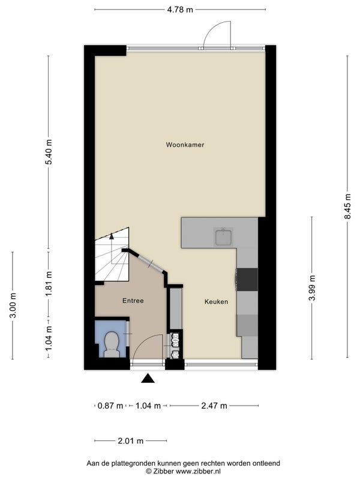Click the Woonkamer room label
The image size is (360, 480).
(185, 145)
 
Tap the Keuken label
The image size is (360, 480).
(216, 302)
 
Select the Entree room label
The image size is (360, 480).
(133, 301)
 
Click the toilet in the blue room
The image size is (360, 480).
(112, 344)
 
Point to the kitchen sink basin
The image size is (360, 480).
(224, 236)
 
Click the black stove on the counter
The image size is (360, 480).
(247, 280)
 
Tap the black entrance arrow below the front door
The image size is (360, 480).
(148, 379)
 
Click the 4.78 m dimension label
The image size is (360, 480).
(180, 10)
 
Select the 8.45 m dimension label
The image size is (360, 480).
(347, 206)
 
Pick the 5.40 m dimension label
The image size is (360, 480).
(49, 152)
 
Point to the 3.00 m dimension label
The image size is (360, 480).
(13, 305)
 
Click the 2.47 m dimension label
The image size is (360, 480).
(214, 406)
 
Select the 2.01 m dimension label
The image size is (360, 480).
(131, 441)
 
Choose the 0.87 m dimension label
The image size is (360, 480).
(110, 406)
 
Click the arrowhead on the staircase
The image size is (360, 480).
(112, 236)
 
